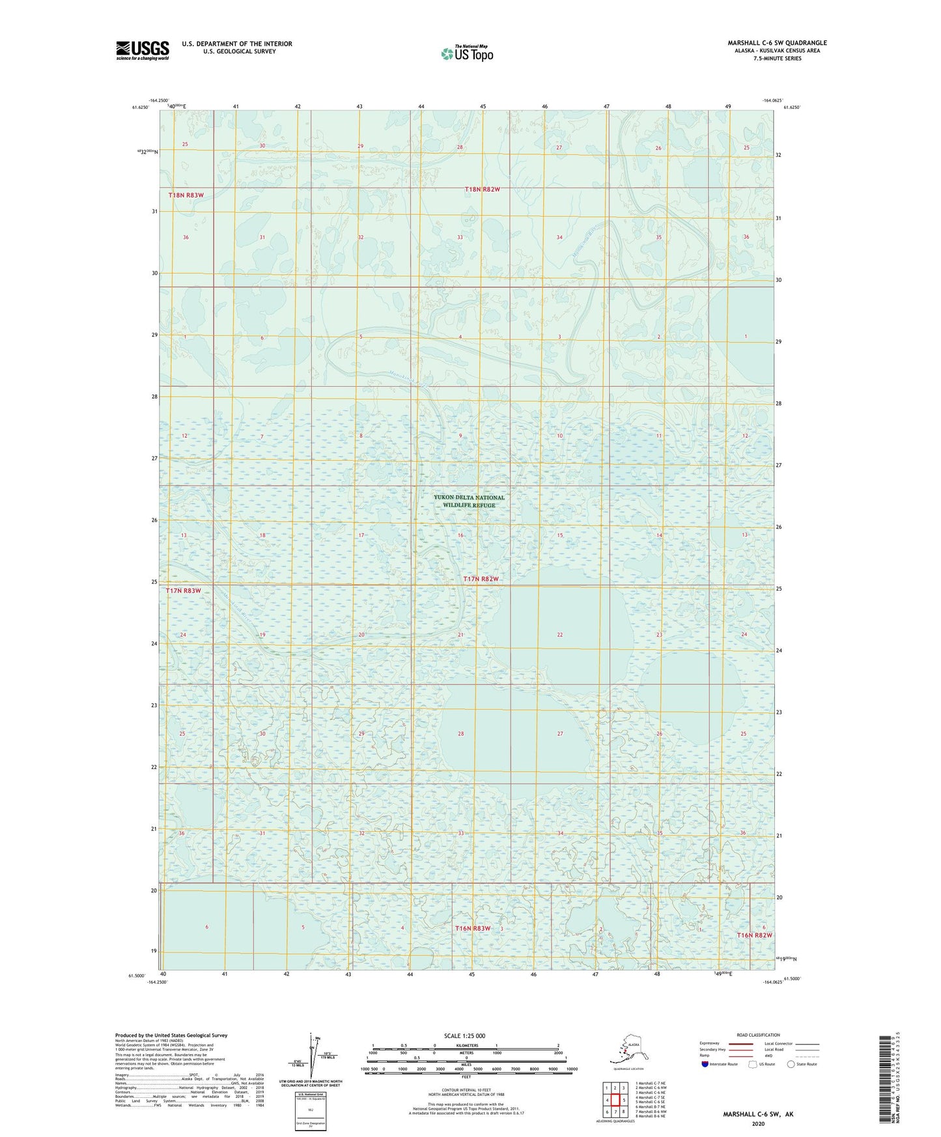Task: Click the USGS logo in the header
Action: click(142, 50)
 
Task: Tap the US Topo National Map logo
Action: click(467, 53)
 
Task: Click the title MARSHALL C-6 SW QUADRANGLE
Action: click(777, 43)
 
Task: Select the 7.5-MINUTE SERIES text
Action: click(777, 59)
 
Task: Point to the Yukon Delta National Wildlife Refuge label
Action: click(469, 501)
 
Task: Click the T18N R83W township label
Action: click(186, 195)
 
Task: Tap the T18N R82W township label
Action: click(482, 189)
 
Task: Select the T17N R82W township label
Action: click(481, 579)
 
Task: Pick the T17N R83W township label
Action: click(184, 591)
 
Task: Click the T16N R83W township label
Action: click(472, 928)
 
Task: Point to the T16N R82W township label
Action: click(754, 935)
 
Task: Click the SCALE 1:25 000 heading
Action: click(464, 1035)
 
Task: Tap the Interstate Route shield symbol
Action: click(705, 1064)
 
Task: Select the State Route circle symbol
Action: click(791, 1064)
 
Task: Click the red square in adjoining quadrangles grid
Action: click(615, 1100)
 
